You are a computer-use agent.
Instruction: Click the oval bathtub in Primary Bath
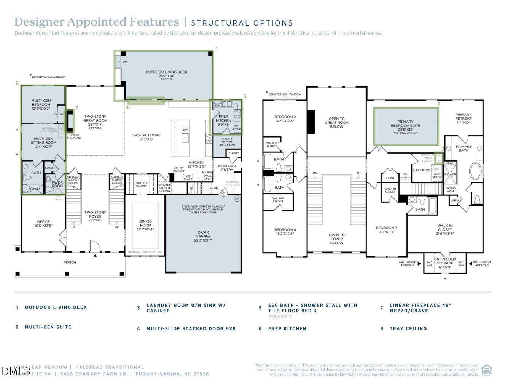pos(475,171)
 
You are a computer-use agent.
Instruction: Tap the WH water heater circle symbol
pos(237,198)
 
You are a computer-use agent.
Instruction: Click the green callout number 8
pos(439,104)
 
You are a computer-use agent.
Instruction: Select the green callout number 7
pos(76,108)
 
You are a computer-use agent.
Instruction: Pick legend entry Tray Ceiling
pos(408,328)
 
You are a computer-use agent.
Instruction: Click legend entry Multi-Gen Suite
pos(48,327)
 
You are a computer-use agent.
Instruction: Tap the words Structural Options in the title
pos(242,23)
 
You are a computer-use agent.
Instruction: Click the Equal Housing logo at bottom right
pos(486,370)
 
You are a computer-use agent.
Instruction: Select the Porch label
pos(70,262)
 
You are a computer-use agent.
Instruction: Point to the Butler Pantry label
pos(141,184)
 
